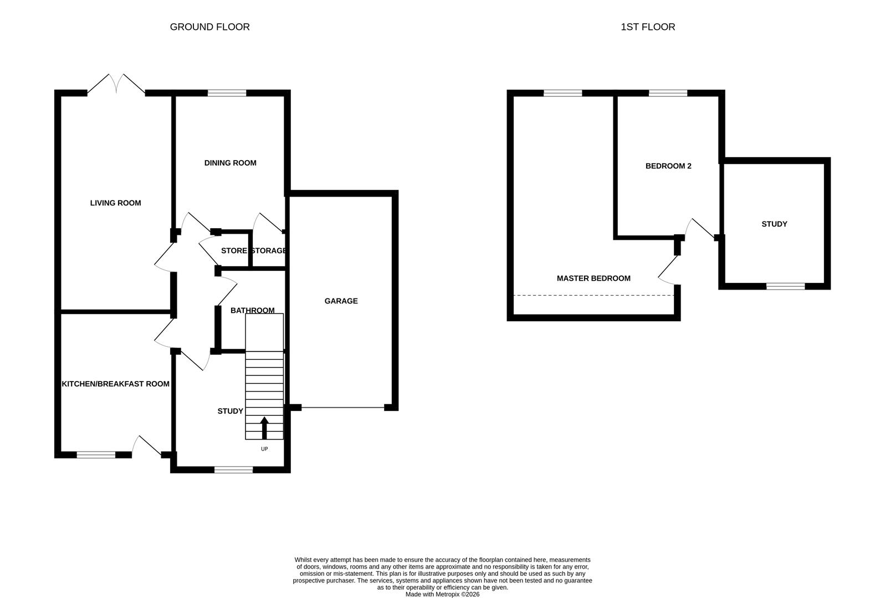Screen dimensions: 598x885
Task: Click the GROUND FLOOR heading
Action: [209, 27]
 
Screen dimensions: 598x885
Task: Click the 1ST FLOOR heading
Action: [647, 27]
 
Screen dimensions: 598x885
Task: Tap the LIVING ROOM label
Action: [115, 203]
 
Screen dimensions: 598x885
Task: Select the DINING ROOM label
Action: [230, 163]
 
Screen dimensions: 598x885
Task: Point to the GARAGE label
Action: [341, 301]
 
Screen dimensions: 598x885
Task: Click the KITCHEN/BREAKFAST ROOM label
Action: [115, 384]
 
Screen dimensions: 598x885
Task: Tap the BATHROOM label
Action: [252, 310]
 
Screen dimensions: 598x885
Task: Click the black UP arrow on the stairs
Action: [264, 427]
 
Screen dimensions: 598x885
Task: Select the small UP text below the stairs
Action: [264, 448]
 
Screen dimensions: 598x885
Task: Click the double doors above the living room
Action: [116, 84]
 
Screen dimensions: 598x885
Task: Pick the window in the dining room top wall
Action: [227, 93]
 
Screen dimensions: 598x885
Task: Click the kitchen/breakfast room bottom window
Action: [96, 455]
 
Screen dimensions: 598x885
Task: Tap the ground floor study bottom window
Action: [233, 470]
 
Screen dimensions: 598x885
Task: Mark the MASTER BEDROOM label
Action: [594, 278]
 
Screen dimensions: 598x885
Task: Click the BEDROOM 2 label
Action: [668, 166]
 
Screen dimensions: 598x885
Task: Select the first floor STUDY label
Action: [774, 224]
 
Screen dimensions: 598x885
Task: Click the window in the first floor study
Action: [785, 286]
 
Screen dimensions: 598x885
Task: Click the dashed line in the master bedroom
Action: [594, 295]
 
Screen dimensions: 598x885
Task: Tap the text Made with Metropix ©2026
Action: [442, 594]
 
